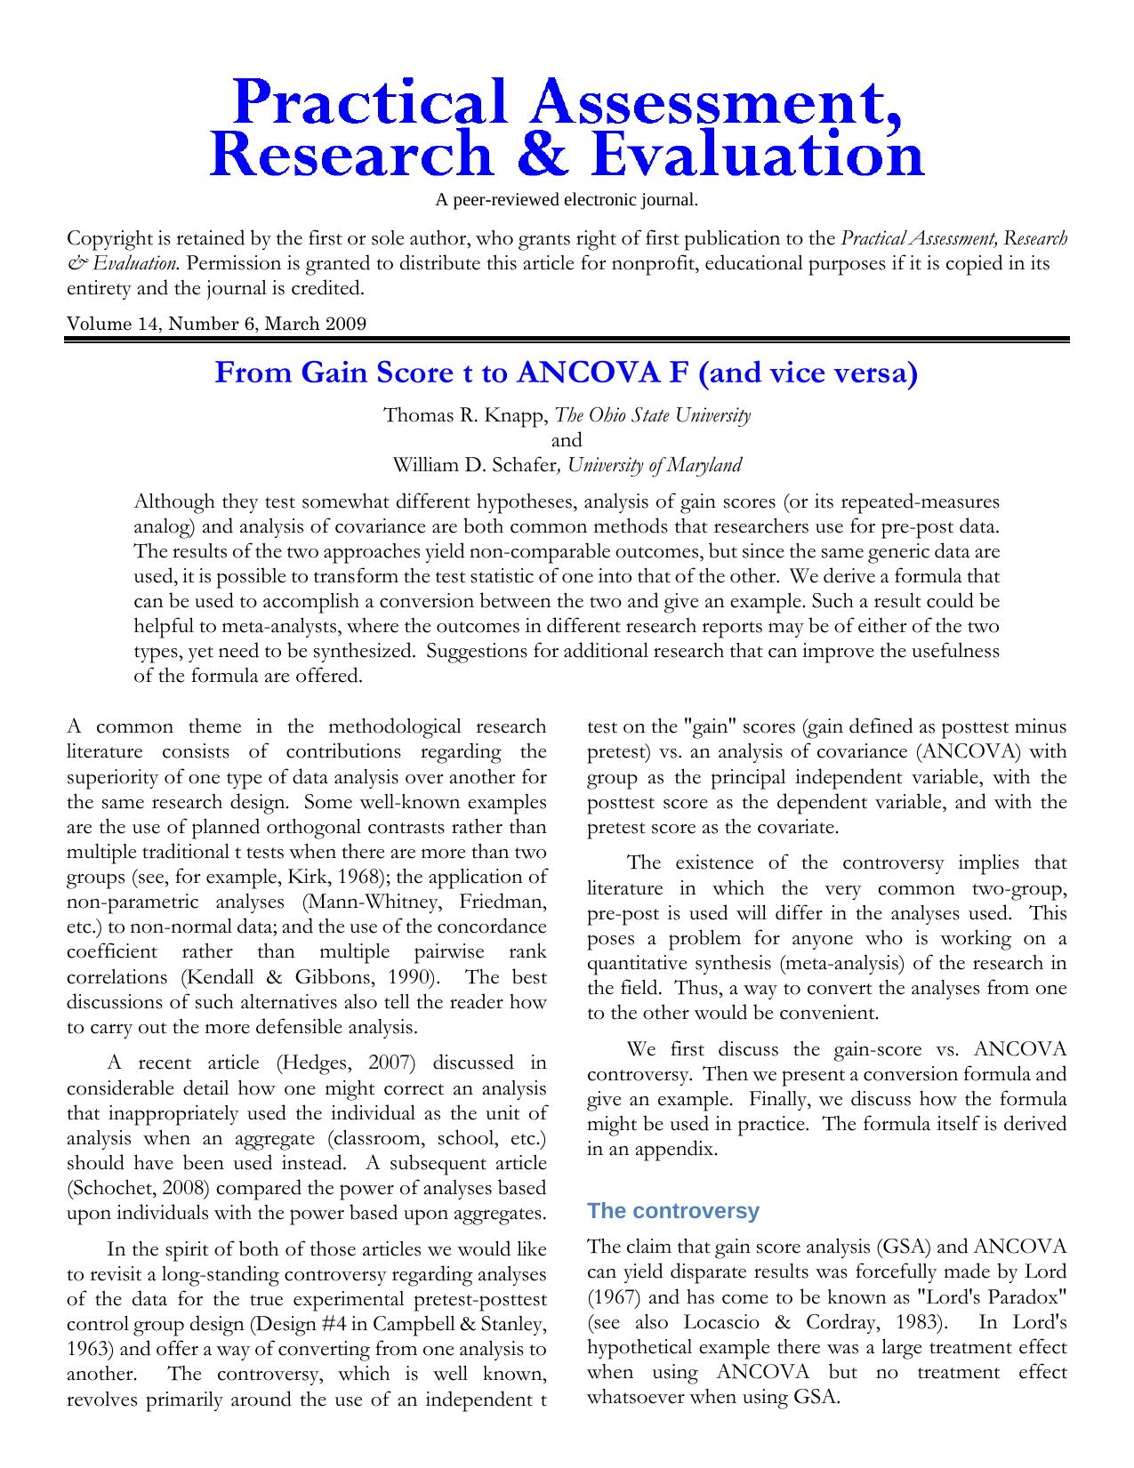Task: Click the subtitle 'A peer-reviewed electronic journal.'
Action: (567, 200)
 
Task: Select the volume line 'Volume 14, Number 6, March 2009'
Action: (216, 324)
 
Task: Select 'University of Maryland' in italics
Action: (655, 465)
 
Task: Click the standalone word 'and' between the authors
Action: (567, 440)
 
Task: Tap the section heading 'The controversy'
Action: (673, 1211)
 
